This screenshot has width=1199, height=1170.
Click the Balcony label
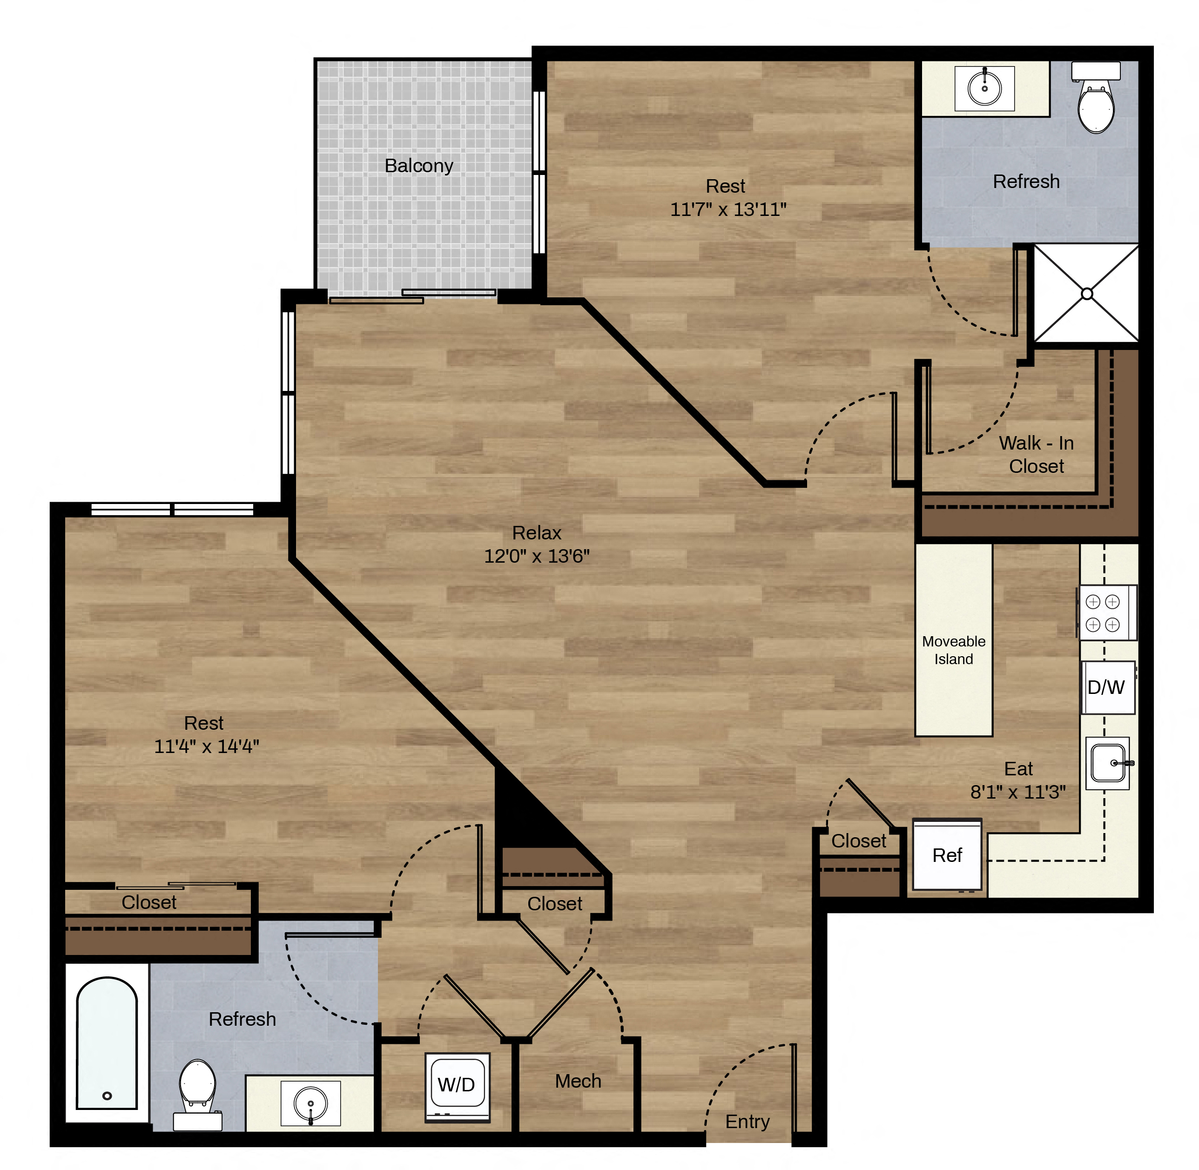click(418, 166)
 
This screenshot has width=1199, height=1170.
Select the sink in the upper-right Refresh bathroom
click(984, 88)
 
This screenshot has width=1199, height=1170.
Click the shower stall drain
click(1086, 294)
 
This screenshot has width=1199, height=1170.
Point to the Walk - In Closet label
click(1036, 454)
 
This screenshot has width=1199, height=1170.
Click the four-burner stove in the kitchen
click(1106, 612)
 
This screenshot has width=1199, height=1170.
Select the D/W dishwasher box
click(1107, 687)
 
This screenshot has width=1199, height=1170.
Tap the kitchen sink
click(1108, 763)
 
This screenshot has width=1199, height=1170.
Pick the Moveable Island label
click(954, 650)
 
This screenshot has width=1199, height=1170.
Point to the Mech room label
click(578, 1081)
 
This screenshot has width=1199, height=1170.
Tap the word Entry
click(748, 1122)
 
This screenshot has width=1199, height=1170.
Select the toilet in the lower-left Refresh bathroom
click(197, 1095)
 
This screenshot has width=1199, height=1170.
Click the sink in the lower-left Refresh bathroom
click(310, 1103)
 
